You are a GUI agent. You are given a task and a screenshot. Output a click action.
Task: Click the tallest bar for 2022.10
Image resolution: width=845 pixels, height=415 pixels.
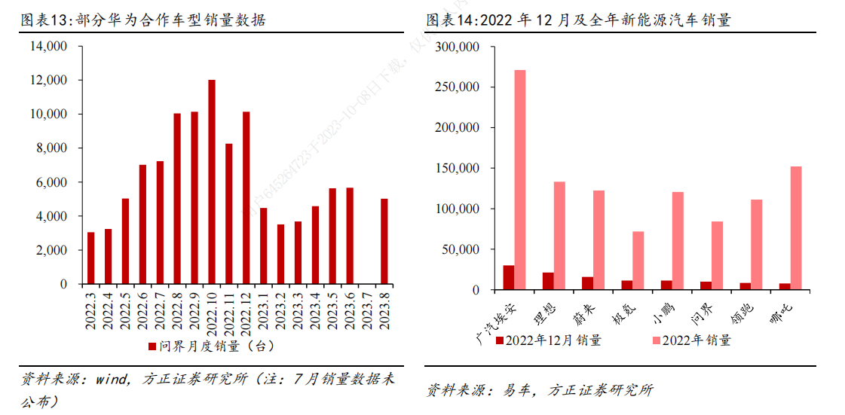(212, 182)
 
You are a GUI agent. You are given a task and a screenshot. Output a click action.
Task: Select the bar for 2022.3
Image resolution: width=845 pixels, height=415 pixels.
(91, 258)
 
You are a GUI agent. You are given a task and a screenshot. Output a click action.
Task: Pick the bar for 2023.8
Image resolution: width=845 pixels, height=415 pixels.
(384, 242)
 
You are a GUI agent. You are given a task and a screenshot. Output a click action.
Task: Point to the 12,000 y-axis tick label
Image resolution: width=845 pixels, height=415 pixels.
(48, 81)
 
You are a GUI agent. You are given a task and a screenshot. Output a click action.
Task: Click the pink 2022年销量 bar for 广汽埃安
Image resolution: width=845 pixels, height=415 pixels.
(520, 180)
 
